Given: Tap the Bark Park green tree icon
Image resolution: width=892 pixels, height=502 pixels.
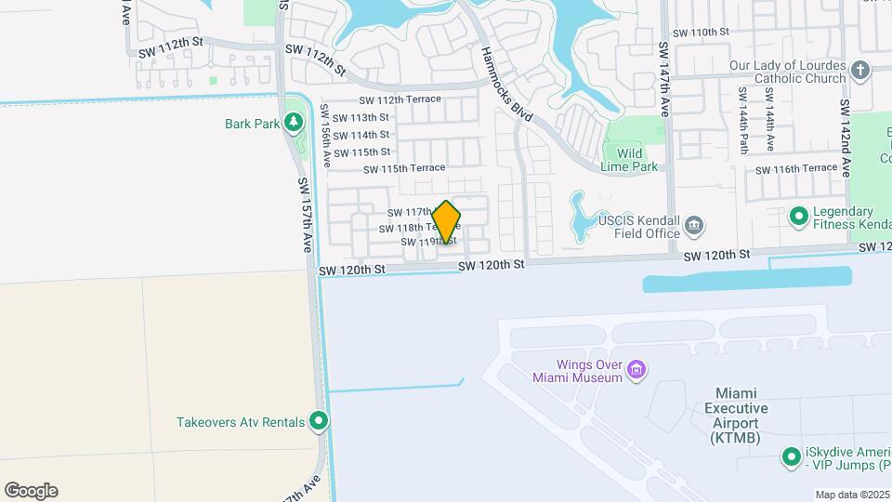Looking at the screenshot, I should pos(294,122).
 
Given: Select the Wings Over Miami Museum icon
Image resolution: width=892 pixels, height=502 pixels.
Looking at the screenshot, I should pos(636,371).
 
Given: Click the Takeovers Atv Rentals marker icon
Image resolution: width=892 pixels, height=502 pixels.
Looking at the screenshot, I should pos(319,422).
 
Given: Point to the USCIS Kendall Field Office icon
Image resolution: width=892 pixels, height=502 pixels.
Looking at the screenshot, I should pos(693,226).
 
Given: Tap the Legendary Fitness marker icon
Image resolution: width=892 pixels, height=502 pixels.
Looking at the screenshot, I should pos(797,217).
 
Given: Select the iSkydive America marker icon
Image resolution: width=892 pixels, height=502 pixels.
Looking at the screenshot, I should pos(791,457).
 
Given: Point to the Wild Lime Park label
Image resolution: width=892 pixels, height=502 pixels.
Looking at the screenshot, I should pos(631,160).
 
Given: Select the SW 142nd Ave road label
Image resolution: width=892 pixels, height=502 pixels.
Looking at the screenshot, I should pos(846,139).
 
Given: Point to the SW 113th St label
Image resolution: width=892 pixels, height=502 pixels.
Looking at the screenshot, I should pos(361,117).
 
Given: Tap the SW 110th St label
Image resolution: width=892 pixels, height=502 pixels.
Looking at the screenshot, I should pos(701,32).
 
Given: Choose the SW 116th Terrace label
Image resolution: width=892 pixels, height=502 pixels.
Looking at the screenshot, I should pos(796,169).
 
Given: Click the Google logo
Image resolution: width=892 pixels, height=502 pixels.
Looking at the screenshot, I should pos(31,491).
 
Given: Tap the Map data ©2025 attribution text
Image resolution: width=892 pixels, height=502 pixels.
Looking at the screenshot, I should pos(852,495).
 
